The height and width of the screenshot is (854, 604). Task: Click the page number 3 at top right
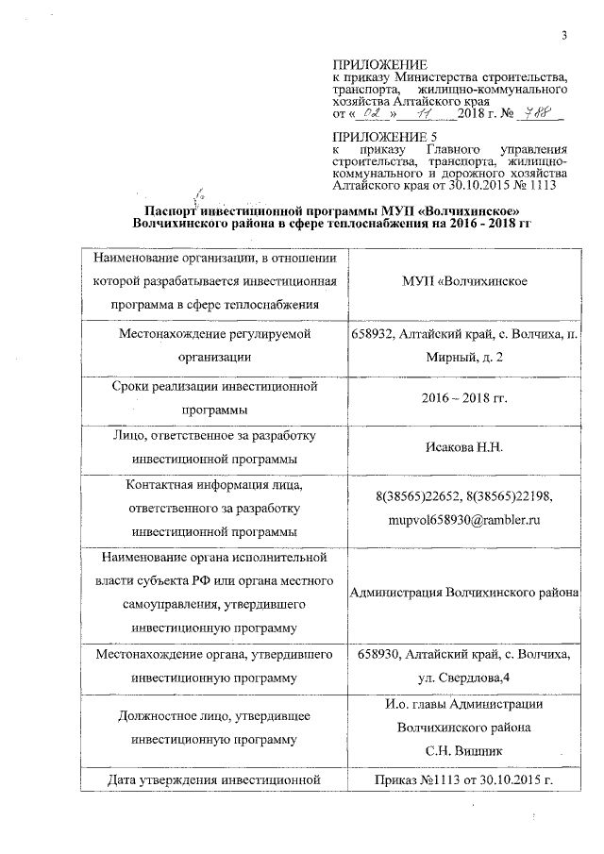(563, 36)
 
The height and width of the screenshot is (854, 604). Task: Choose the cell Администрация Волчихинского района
(463, 593)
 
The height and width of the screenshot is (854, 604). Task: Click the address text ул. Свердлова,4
(463, 678)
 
